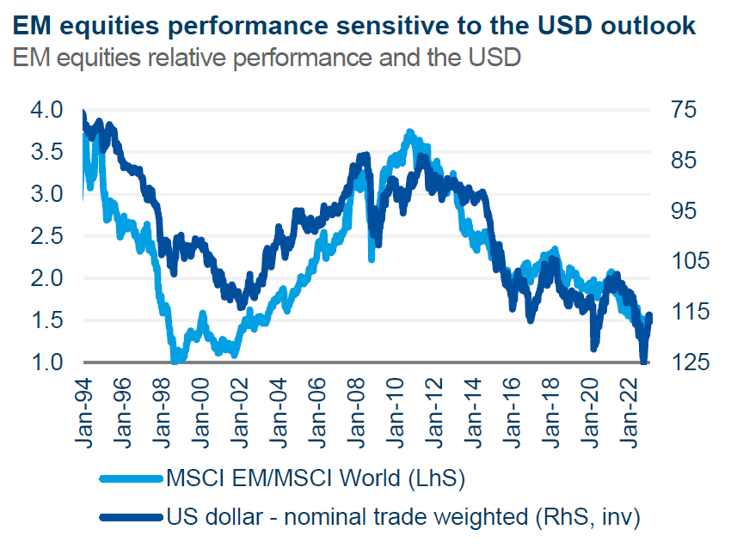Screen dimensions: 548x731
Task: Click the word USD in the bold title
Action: point(570,26)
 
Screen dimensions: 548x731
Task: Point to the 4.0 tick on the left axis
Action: point(46,110)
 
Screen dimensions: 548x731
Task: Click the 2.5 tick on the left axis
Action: point(46,236)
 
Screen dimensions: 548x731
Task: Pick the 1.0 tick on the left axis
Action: point(46,362)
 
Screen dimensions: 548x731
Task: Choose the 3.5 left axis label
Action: point(46,152)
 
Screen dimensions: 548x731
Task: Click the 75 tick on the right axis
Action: point(668,110)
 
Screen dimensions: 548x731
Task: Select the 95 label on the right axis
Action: point(668,211)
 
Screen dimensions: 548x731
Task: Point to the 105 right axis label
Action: point(674,261)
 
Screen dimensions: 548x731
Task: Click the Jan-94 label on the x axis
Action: point(85,408)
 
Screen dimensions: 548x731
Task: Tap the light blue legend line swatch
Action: point(130,478)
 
